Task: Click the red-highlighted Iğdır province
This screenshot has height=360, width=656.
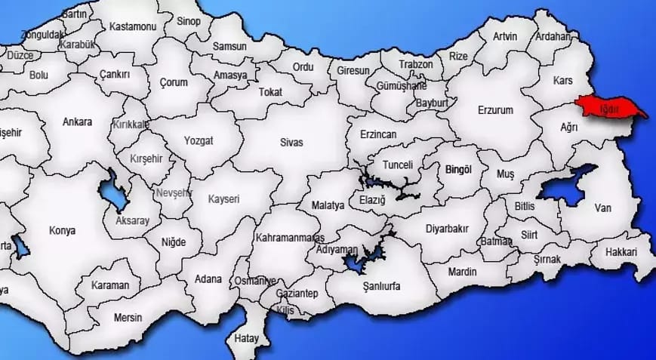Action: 608,108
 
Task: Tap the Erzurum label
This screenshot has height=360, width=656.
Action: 495,110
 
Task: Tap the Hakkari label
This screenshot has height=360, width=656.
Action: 622,252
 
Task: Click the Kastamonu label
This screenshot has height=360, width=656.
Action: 132,26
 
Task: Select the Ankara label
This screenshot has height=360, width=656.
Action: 78,122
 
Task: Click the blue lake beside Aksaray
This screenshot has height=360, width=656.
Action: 115,192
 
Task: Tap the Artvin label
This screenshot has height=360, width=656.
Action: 505,36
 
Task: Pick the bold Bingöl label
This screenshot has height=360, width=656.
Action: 458,170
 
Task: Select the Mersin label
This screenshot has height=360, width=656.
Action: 128,318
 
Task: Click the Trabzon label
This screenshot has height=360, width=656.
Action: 416,64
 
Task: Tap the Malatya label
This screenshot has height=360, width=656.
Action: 328,205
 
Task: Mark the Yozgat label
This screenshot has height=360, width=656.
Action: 199,140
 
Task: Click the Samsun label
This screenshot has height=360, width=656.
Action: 229,46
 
